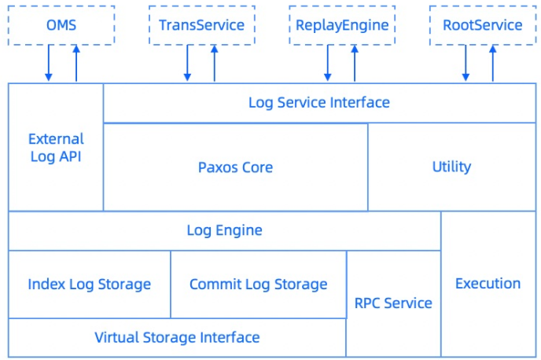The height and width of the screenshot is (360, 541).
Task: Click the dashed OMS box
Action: pyautogui.click(x=61, y=25)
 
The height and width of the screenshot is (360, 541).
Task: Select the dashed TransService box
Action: pyautogui.click(x=201, y=25)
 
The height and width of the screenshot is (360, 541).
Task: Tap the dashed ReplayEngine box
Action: pyautogui.click(x=342, y=25)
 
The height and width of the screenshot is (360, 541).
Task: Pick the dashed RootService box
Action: pyautogui.click(x=482, y=25)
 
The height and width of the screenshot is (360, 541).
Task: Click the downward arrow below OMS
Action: pyautogui.click(x=48, y=63)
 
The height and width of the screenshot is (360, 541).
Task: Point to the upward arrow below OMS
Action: pyautogui.click(x=76, y=63)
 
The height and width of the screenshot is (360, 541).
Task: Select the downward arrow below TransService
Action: pyautogui.click(x=188, y=63)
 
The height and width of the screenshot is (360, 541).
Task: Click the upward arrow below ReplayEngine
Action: pyautogui.click(x=355, y=63)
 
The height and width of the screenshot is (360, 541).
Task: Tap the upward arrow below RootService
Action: pyautogui.click(x=493, y=63)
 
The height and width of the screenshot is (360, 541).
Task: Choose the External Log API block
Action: pyautogui.click(x=55, y=147)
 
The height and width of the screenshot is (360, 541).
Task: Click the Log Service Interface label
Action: pyautogui.click(x=318, y=102)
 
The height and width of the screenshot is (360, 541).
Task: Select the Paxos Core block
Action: pyautogui.click(x=235, y=167)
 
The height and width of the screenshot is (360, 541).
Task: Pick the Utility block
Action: pyautogui.click(x=451, y=167)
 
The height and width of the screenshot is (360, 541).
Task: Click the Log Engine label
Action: pyautogui.click(x=224, y=230)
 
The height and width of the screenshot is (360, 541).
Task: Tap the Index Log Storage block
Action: pyautogui.click(x=89, y=284)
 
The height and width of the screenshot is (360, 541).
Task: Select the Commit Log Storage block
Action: pyautogui.click(x=258, y=284)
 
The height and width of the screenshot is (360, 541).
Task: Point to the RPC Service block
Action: pyautogui.click(x=393, y=303)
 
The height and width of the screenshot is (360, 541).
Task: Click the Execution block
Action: pyautogui.click(x=488, y=284)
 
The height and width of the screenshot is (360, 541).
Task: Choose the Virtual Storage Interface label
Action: pyautogui.click(x=177, y=338)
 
